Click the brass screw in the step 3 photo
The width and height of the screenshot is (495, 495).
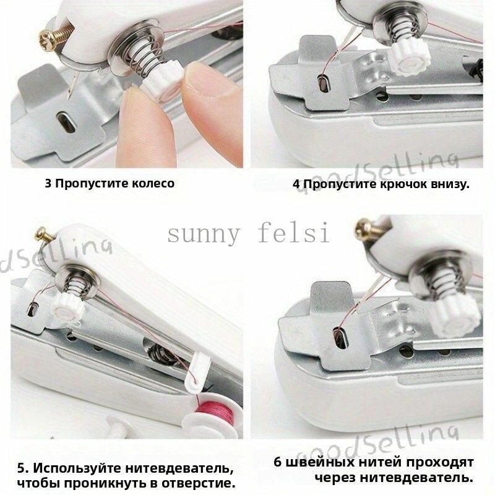pos(54,37)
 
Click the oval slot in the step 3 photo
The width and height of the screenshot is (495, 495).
pos(66,121)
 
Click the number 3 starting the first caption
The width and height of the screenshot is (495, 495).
pos(48,183)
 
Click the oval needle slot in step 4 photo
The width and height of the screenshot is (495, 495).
pos(323,84)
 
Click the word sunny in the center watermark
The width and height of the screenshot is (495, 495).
pos(204,235)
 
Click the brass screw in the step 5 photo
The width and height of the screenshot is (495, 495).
pos(45,235)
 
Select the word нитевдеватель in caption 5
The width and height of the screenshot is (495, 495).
pos(178,468)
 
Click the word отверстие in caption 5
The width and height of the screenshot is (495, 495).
pos(198,483)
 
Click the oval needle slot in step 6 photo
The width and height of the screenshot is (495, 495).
pos(340,337)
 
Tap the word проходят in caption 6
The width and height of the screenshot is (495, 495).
pos(439,463)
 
